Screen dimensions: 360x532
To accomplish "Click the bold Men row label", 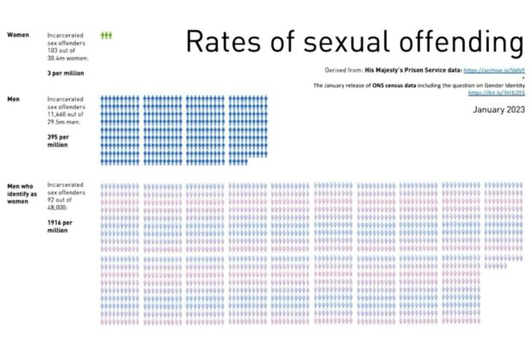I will (x=13, y=100).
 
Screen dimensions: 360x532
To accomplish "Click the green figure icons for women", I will (x=106, y=35).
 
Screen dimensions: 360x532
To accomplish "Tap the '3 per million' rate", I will (x=66, y=74).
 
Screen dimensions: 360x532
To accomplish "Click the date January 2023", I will (x=498, y=110).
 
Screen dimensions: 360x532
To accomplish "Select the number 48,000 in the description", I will (x=59, y=208).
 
